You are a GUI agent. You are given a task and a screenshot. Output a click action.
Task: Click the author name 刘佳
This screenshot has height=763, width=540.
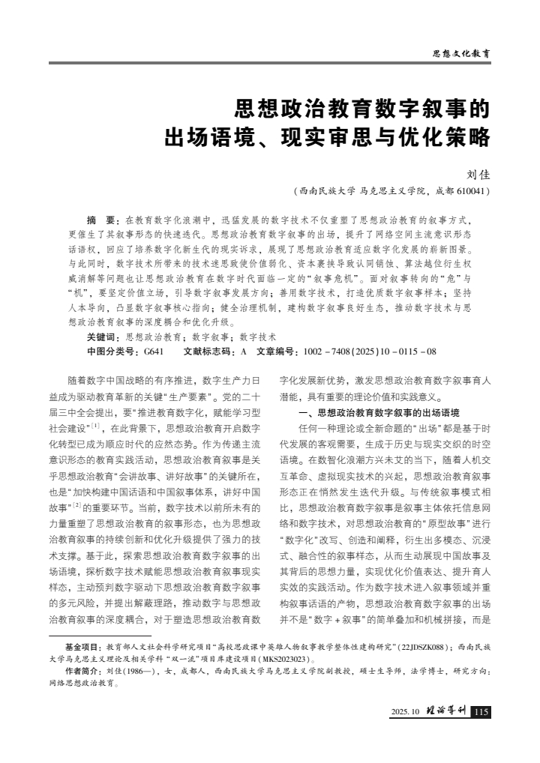click(478, 175)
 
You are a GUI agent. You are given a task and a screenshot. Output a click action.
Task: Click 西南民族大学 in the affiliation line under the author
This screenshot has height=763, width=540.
click(328, 191)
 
